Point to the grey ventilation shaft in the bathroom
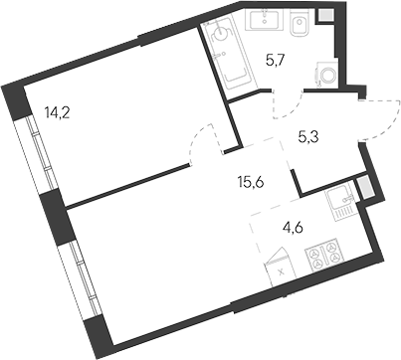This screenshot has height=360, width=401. (x=324, y=16)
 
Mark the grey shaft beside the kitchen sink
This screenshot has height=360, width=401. (x=365, y=186)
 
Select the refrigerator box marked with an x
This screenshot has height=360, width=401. (x=283, y=267)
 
